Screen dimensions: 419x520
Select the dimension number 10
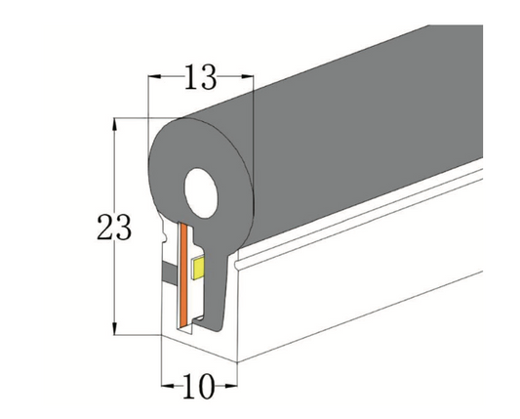click(198, 387)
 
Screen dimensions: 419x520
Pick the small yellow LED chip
click(199, 267)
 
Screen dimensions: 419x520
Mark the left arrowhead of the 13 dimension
click(152, 75)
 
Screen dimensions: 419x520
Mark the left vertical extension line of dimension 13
click(147, 107)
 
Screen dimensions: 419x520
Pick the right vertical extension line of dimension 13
click(253, 107)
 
